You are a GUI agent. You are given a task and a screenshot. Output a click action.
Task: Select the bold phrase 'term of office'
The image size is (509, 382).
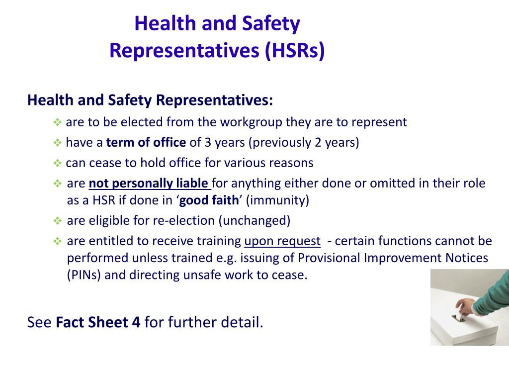(x=146, y=143)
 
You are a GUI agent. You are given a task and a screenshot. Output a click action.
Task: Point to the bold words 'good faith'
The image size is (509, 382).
(x=209, y=200)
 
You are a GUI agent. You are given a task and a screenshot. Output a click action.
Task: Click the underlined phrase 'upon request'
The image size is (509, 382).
(x=282, y=241)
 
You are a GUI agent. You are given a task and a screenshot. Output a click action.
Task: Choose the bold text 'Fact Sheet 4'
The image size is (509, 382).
(x=98, y=322)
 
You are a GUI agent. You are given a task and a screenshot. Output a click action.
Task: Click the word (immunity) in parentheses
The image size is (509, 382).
(x=277, y=200)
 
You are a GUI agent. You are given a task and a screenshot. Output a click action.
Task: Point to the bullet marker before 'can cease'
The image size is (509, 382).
(x=57, y=163)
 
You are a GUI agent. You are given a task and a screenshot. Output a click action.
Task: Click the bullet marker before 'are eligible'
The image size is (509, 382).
(x=57, y=221)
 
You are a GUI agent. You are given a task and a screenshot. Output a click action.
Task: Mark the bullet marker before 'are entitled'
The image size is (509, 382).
(x=57, y=242)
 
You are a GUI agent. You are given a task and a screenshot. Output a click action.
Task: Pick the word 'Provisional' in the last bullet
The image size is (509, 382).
(x=330, y=259)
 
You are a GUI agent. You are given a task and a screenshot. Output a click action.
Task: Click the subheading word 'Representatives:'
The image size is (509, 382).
(x=214, y=100)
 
